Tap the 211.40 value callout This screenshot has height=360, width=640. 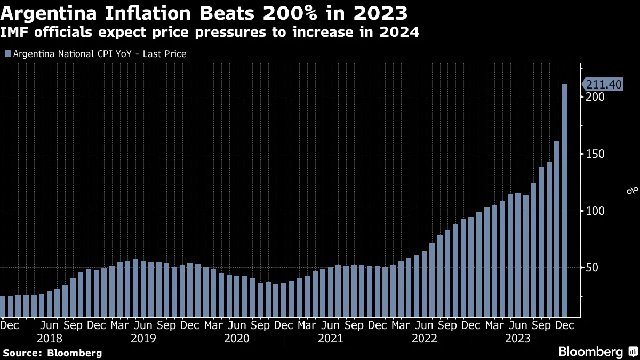603,84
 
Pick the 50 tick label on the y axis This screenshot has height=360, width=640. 589,268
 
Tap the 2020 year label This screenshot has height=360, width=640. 237,339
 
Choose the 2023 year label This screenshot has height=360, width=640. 518,339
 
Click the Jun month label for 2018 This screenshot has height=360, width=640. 49,325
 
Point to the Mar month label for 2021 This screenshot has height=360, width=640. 307,325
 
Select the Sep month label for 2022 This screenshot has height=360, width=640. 447,325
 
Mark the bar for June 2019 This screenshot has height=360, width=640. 135,288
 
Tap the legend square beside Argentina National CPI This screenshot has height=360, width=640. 7,54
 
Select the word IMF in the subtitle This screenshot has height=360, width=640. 17,33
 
